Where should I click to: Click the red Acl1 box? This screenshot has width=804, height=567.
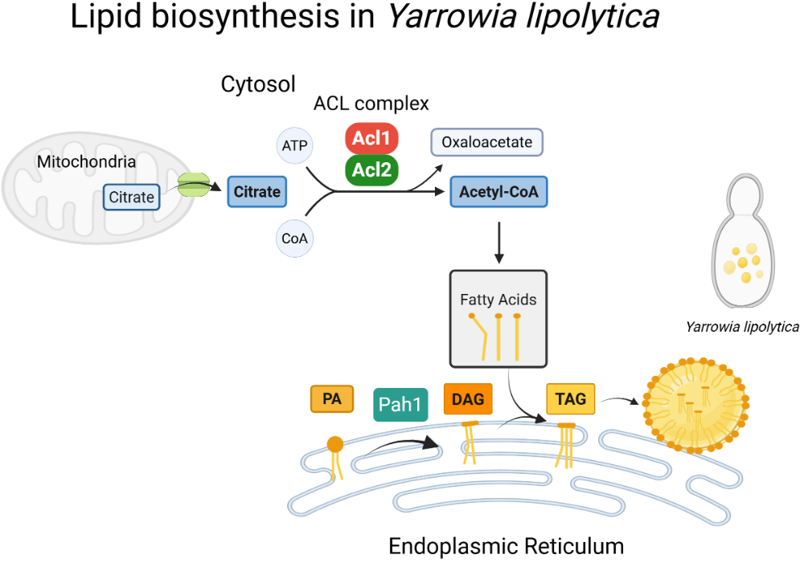click(372, 139)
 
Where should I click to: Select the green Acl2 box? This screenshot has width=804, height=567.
click(372, 170)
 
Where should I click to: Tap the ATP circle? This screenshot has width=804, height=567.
click(292, 145)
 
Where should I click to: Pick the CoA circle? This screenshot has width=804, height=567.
click(292, 239)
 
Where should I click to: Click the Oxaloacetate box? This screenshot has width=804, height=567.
click(487, 142)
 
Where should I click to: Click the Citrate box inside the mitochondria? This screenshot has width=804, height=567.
click(132, 197)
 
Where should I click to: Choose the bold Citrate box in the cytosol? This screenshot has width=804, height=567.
click(256, 192)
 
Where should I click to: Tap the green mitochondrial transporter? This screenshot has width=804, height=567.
click(194, 186)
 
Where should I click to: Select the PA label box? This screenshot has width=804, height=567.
click(331, 398)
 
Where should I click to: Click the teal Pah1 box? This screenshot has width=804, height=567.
click(400, 405)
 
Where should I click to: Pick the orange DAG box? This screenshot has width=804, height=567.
click(468, 398)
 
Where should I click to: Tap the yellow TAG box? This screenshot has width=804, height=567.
click(571, 398)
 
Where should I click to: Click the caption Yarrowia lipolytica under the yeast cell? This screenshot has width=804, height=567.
click(741, 327)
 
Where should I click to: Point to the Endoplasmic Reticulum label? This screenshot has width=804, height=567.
click(506, 546)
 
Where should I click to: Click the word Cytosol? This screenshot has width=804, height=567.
click(258, 84)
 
